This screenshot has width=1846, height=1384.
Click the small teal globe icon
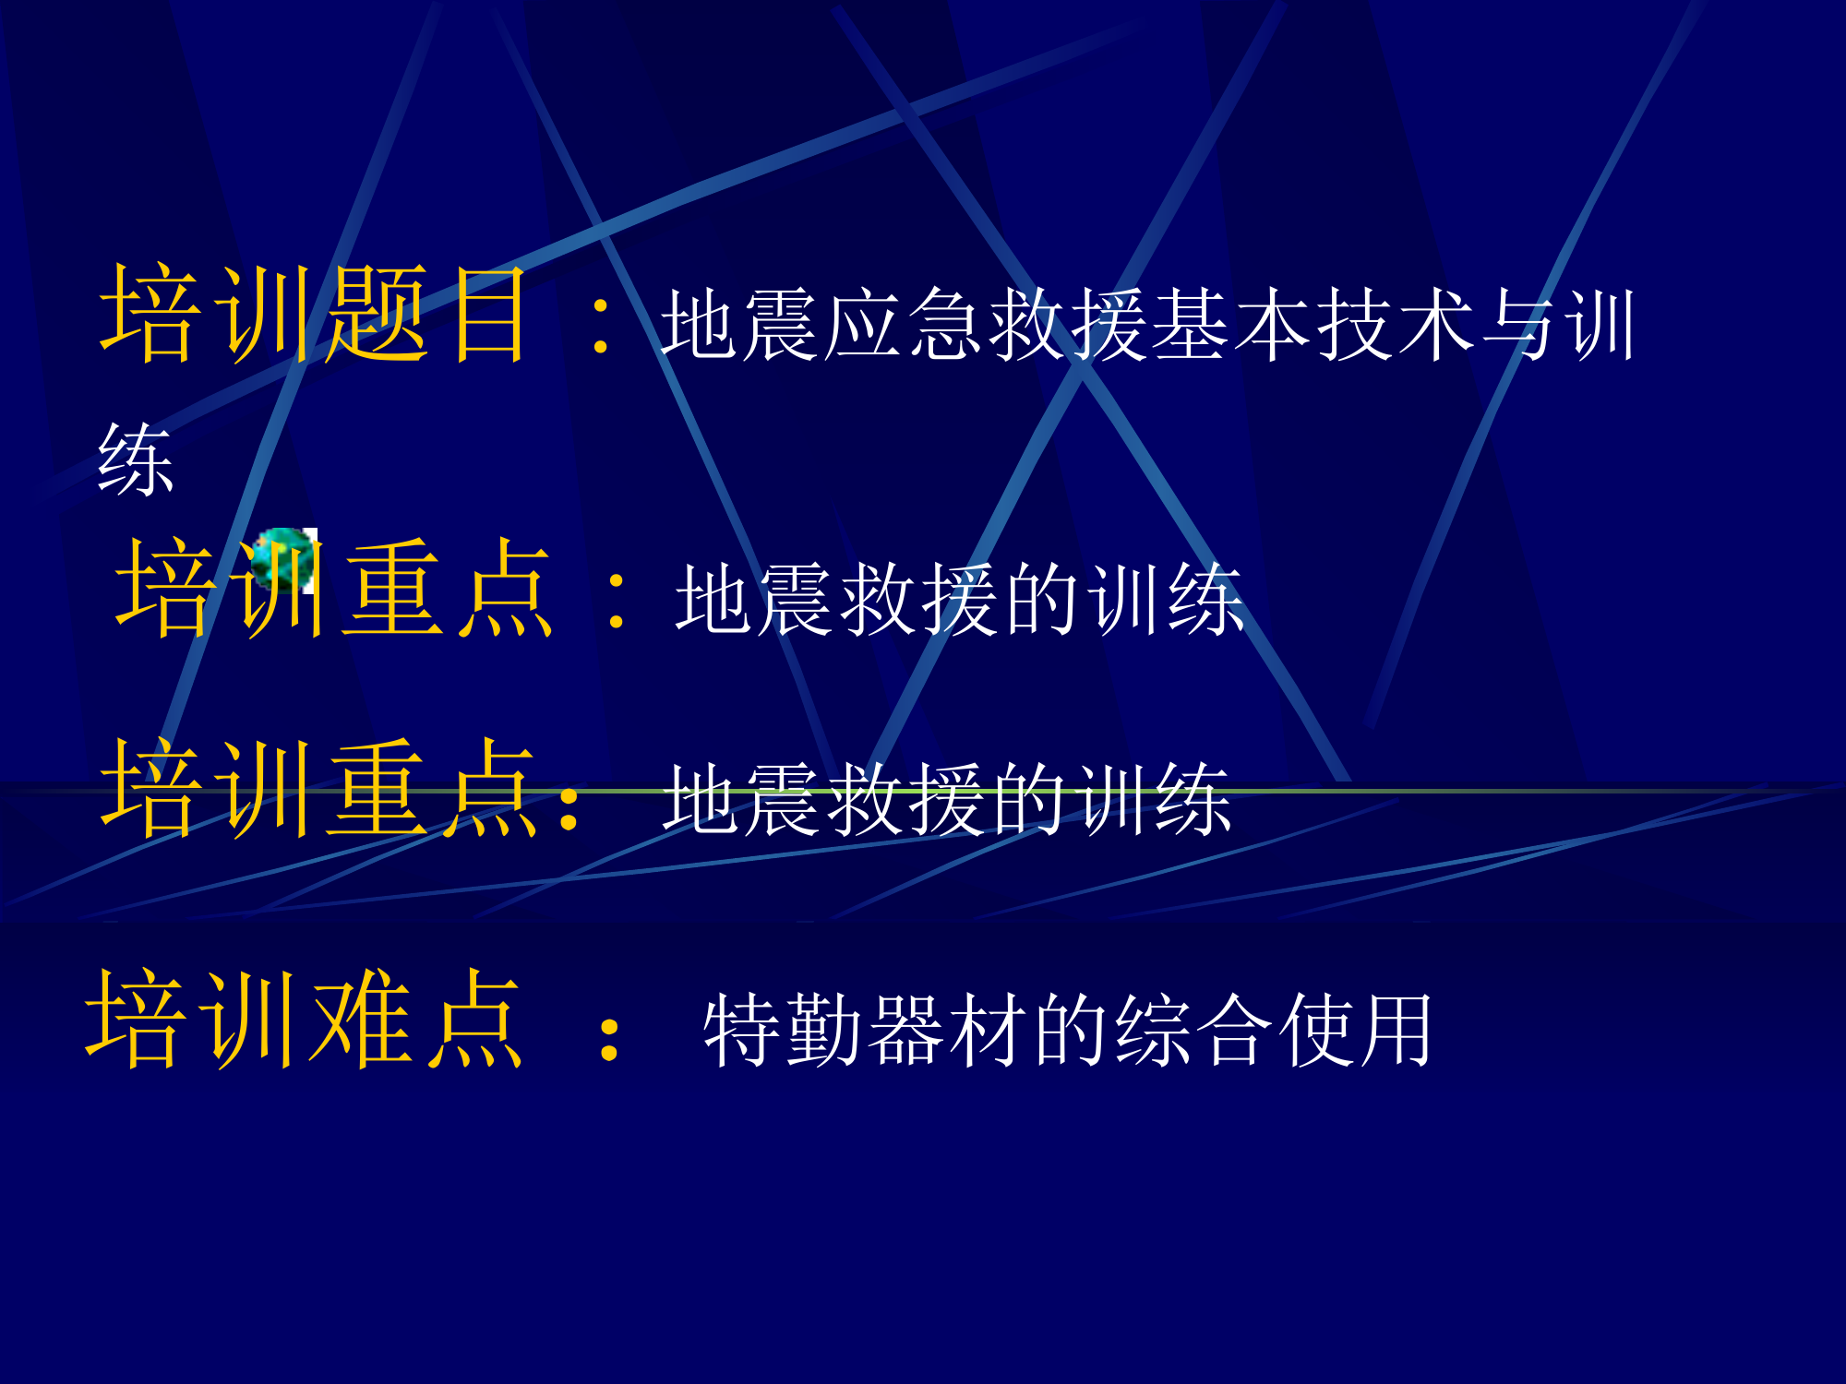click(x=282, y=559)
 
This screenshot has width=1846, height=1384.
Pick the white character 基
click(x=1192, y=324)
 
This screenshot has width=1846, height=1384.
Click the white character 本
click(x=1274, y=324)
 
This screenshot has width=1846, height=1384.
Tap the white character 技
click(x=1356, y=324)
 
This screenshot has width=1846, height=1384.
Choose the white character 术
click(x=1438, y=324)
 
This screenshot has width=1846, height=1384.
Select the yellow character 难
click(x=361, y=1019)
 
